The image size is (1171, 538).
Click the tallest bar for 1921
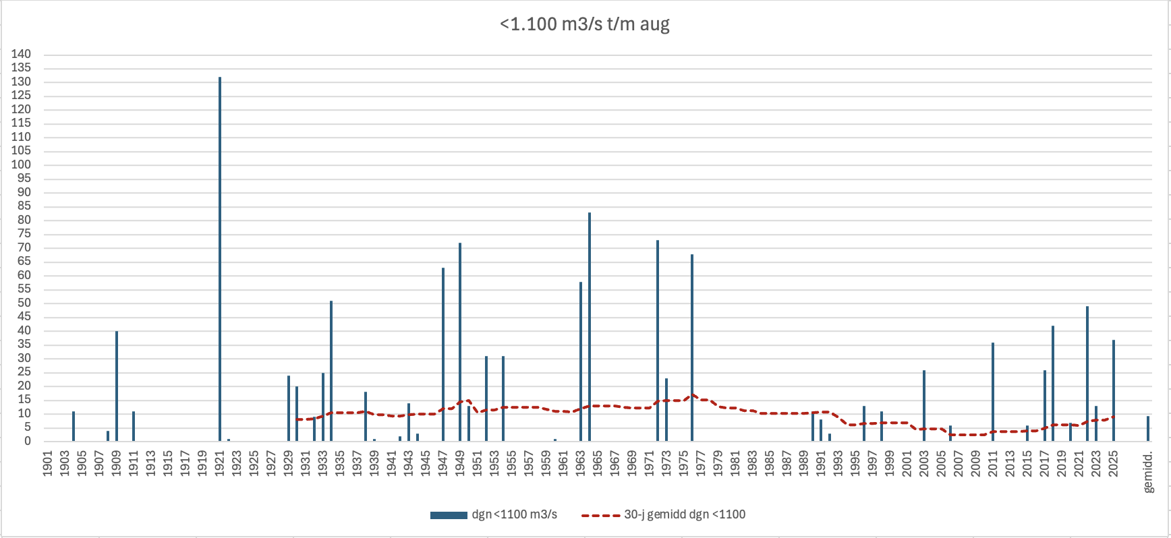[220, 260]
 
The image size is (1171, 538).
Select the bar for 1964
[590, 327]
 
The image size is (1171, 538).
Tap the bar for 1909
[117, 386]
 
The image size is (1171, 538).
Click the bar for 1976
[692, 348]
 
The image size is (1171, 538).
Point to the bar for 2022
[1087, 374]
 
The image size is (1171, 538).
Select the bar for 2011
[993, 392]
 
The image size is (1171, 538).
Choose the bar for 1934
[331, 371]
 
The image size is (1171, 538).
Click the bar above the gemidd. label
[1148, 429]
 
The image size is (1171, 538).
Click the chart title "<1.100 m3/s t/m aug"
[585, 24]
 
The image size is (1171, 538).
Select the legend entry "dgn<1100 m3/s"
[494, 514]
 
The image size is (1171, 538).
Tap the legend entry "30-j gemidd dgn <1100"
[664, 514]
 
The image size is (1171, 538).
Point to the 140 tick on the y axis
[21, 54]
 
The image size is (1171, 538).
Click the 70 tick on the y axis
[24, 247]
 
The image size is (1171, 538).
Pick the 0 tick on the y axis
[28, 441]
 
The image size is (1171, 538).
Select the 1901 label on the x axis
[48, 464]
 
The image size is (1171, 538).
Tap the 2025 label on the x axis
[1114, 464]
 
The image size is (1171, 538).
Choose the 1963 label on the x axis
[581, 464]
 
